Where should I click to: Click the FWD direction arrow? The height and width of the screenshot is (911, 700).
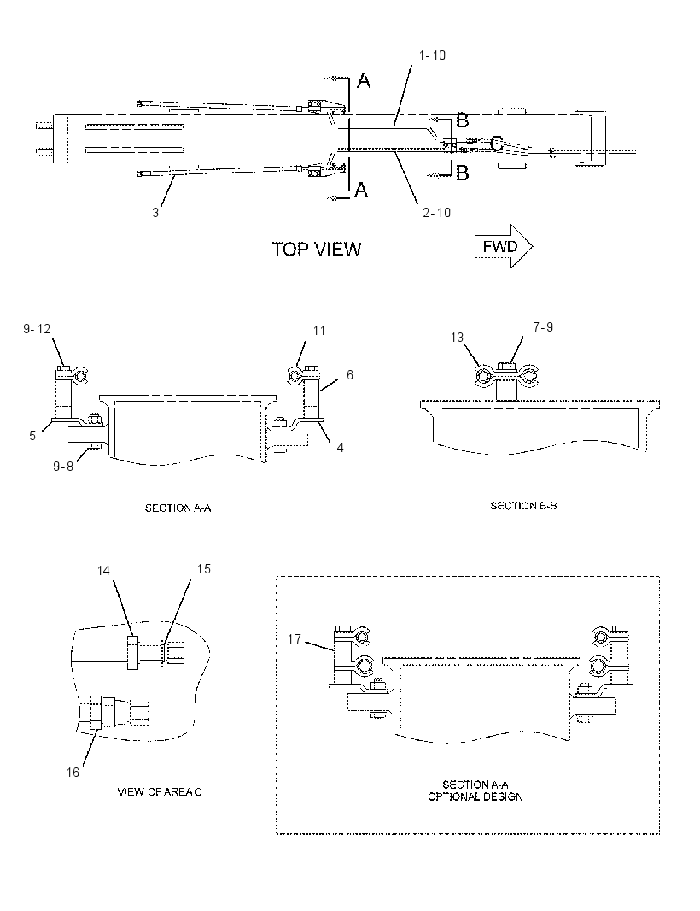pyautogui.click(x=504, y=246)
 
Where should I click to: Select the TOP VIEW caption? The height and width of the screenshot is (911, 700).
pyautogui.click(x=317, y=250)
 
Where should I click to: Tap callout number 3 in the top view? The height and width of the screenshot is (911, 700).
pyautogui.click(x=155, y=213)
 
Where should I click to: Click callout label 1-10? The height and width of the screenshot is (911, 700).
pyautogui.click(x=433, y=56)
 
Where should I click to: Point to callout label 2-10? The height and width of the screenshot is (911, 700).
pyautogui.click(x=437, y=213)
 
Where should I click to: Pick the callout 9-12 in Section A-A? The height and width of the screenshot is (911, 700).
pyautogui.click(x=37, y=329)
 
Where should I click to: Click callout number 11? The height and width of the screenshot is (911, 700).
pyautogui.click(x=319, y=331)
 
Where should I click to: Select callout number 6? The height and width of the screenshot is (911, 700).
pyautogui.click(x=350, y=375)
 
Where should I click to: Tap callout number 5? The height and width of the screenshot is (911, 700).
pyautogui.click(x=32, y=435)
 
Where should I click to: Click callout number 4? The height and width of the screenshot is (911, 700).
pyautogui.click(x=340, y=447)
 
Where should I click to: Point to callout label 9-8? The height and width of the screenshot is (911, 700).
pyautogui.click(x=63, y=466)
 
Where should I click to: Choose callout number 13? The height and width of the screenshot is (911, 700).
pyautogui.click(x=458, y=338)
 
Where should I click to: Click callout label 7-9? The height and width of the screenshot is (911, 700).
pyautogui.click(x=543, y=327)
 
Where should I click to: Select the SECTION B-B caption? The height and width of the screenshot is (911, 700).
pyautogui.click(x=523, y=506)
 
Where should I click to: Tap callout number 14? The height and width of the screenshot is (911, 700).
pyautogui.click(x=103, y=571)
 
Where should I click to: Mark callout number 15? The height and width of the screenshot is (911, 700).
pyautogui.click(x=204, y=569)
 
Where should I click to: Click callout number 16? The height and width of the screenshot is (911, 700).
pyautogui.click(x=73, y=773)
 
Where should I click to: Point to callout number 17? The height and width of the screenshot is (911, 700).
pyautogui.click(x=295, y=639)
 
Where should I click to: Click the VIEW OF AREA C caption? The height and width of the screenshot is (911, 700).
pyautogui.click(x=160, y=792)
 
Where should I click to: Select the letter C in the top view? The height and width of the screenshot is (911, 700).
pyautogui.click(x=497, y=144)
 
